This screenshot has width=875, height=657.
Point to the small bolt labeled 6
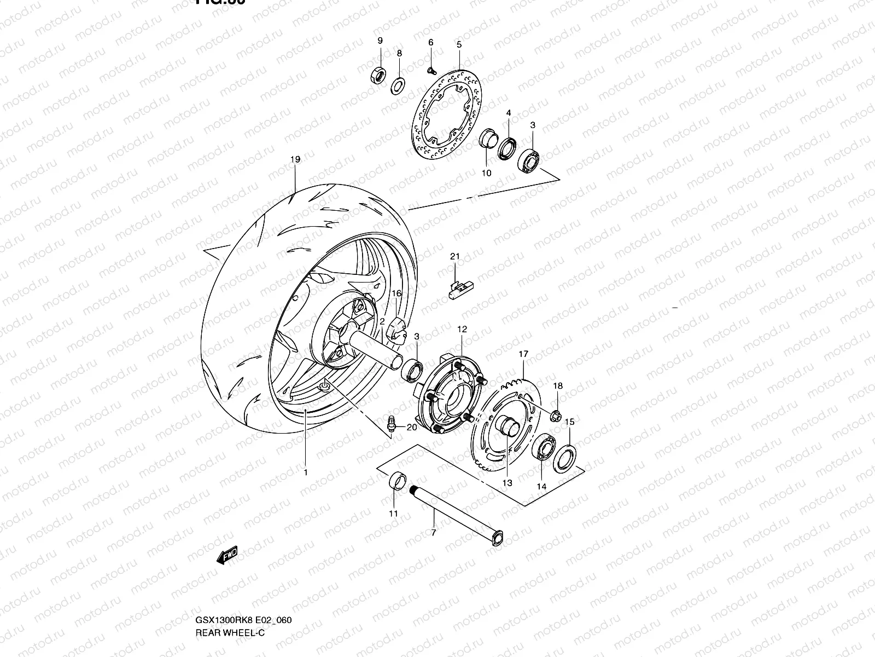click(x=431, y=70)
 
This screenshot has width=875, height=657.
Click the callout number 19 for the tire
click(x=295, y=160)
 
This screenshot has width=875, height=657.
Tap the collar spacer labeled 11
click(x=397, y=482)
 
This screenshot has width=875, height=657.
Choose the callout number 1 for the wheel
click(x=306, y=472)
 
